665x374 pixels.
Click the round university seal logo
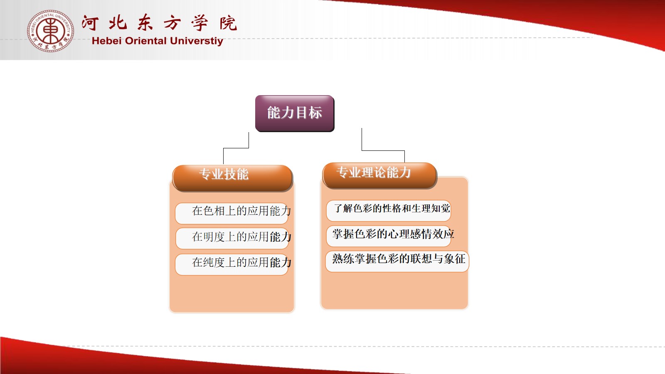(x=50, y=31)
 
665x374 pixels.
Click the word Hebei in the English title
(x=107, y=41)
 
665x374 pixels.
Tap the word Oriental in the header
(x=146, y=41)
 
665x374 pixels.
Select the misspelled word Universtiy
(x=197, y=41)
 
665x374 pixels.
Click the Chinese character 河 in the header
(x=90, y=23)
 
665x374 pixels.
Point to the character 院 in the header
(x=228, y=23)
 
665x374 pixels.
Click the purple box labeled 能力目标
(x=295, y=113)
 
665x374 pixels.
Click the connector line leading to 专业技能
(x=236, y=148)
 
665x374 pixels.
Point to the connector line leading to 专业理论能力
(x=383, y=150)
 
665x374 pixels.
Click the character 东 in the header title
(x=145, y=23)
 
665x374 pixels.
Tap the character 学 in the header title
(x=199, y=23)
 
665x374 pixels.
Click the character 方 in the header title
(x=172, y=23)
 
